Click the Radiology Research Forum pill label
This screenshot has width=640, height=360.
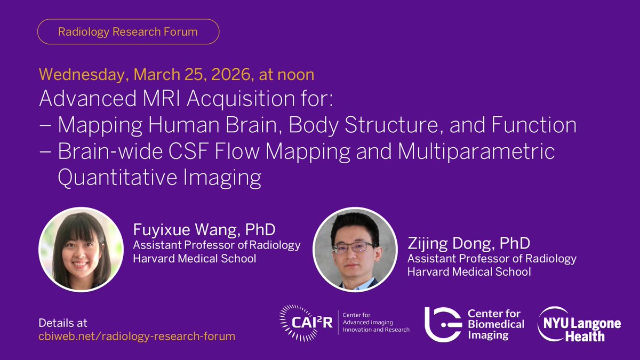click(x=128, y=32)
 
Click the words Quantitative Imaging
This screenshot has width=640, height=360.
click(x=159, y=178)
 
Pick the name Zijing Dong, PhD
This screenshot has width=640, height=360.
click(x=469, y=244)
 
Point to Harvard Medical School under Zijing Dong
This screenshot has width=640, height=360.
click(x=469, y=272)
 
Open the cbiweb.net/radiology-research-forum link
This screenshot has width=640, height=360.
click(x=137, y=337)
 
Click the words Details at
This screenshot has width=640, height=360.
click(x=63, y=323)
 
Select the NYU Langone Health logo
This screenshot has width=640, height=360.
click(x=578, y=324)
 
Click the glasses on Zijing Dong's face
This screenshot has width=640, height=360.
click(x=354, y=247)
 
